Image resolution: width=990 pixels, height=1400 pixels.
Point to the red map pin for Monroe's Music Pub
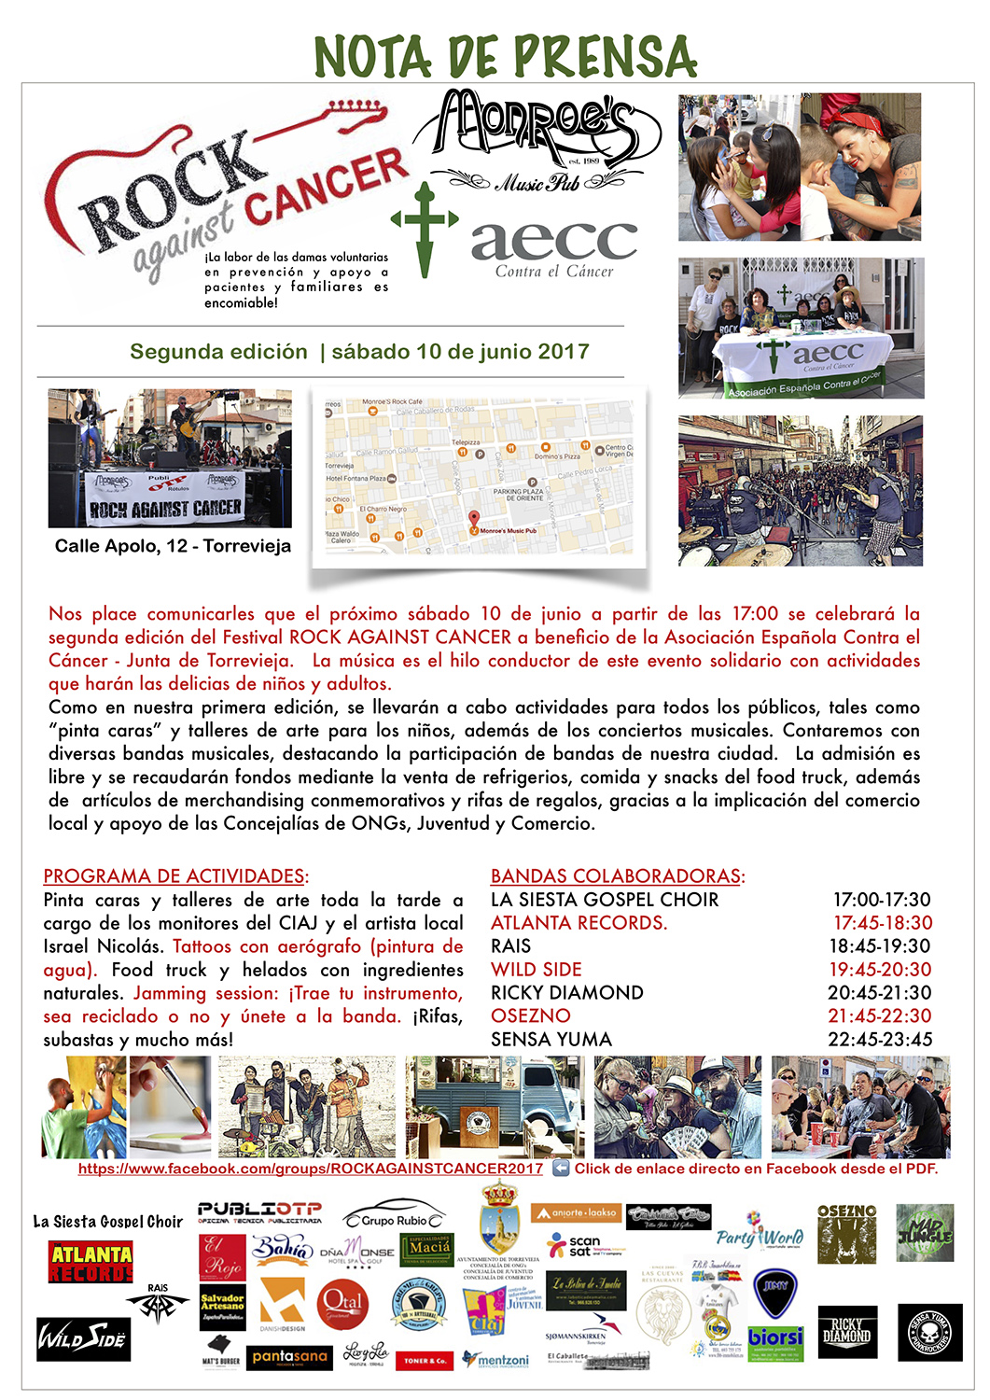[473, 520]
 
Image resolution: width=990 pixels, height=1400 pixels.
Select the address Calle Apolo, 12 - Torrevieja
[173, 546]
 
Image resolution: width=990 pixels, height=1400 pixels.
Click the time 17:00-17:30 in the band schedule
[881, 900]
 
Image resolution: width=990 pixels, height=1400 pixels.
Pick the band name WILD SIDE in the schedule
[536, 970]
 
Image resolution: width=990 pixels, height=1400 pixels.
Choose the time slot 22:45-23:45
[879, 1040]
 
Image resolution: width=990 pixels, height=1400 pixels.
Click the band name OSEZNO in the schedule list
[530, 1016]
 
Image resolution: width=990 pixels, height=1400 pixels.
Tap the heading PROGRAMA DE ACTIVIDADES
[174, 876]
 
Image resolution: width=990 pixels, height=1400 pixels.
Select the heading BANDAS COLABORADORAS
[616, 876]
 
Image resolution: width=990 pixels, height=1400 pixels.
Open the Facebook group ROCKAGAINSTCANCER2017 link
[310, 1169]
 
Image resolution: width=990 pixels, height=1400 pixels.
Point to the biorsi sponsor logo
[775, 1337]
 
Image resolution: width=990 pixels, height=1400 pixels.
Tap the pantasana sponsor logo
[289, 1357]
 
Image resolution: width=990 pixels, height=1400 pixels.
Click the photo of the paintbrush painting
[170, 1106]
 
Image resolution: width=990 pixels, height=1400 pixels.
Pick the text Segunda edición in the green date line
[218, 352]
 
